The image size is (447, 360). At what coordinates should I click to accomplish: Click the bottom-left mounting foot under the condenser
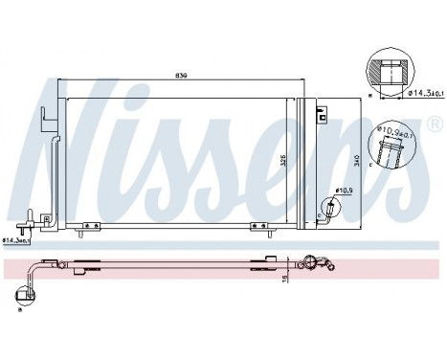point(91,227)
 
